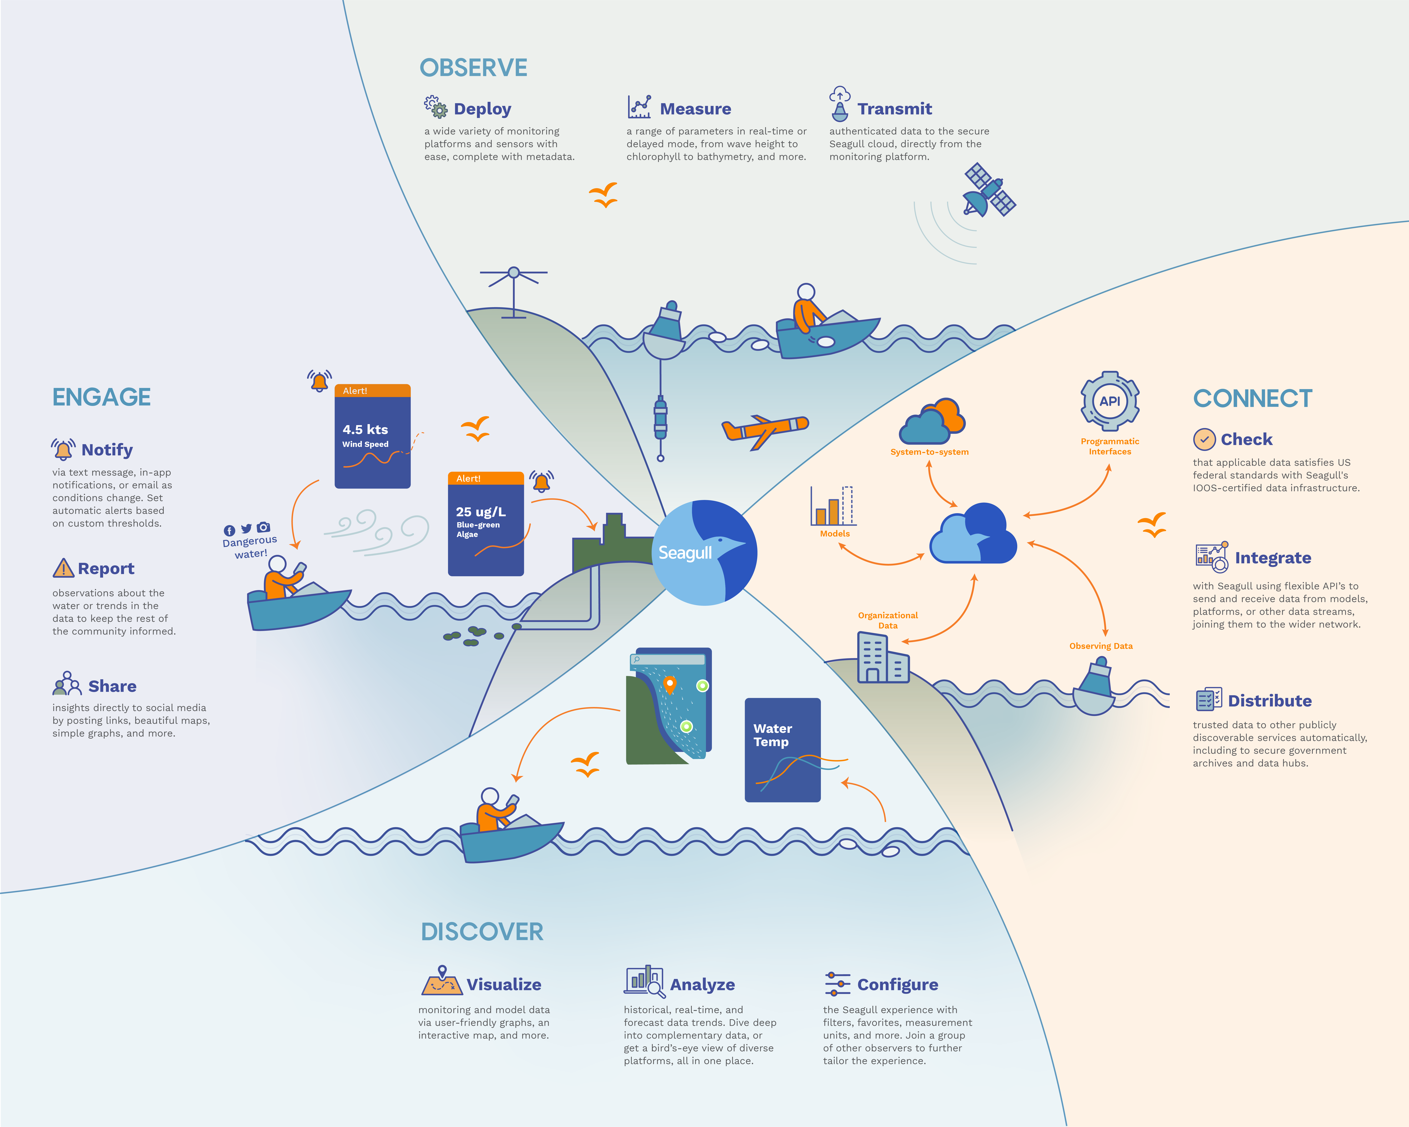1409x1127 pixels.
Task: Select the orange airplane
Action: coord(765,430)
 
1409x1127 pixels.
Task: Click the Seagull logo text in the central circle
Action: coord(685,553)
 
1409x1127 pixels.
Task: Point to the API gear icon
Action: coord(1110,401)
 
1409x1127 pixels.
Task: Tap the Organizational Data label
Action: coord(888,620)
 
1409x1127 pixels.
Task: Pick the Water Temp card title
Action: coord(772,735)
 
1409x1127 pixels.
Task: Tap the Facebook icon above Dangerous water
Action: coord(229,531)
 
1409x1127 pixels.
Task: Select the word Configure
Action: coord(897,985)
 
